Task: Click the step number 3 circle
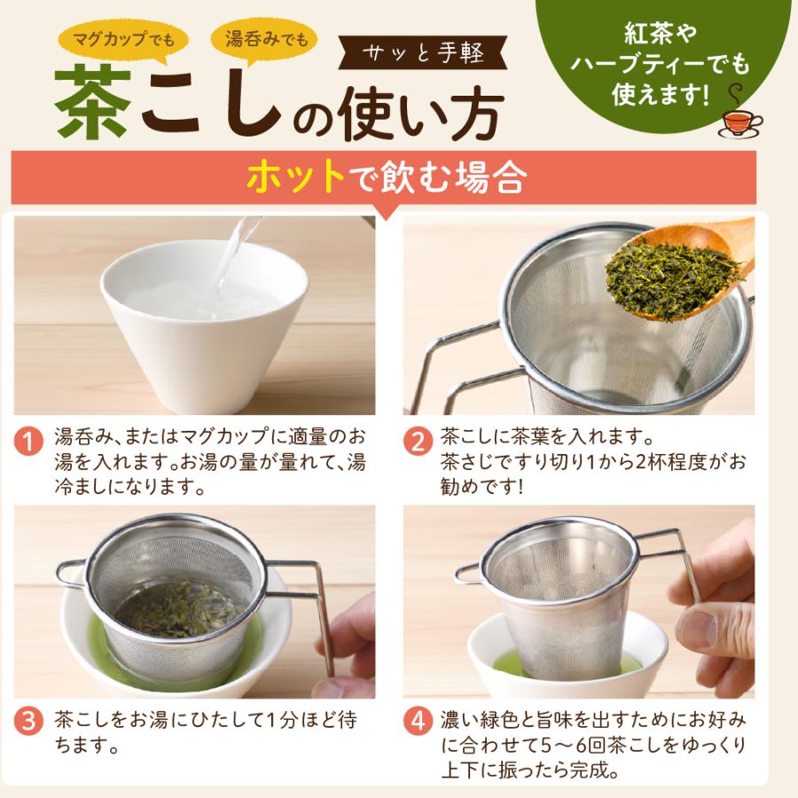coord(31,720)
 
